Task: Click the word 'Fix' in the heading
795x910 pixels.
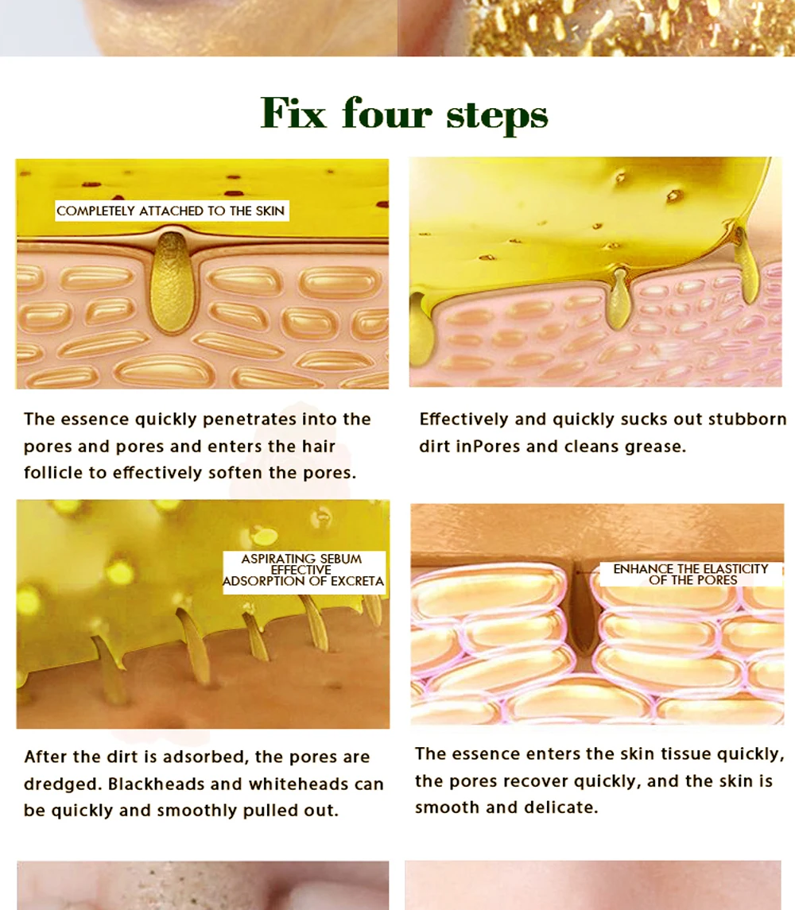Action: pos(293,113)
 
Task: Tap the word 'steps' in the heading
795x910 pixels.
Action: pos(497,114)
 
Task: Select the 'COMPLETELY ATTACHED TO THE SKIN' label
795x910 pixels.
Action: pos(171,211)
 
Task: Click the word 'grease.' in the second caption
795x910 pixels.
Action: pos(655,447)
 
